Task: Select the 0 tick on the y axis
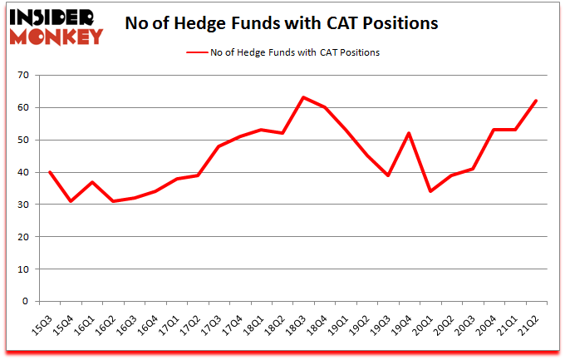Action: click(x=26, y=302)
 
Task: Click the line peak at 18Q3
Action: click(x=303, y=97)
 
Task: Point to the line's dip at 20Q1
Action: click(x=430, y=191)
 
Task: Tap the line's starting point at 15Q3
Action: click(x=50, y=172)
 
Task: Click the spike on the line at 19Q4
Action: click(x=409, y=133)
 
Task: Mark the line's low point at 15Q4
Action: click(x=71, y=201)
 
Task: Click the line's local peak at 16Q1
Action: click(x=92, y=182)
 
